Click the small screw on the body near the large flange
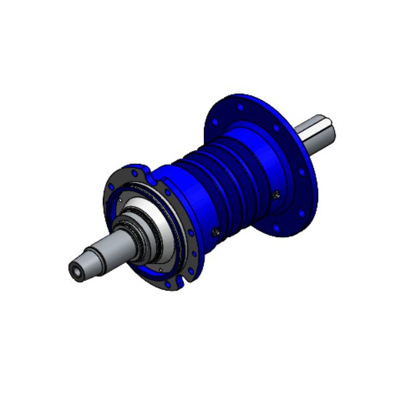coord(276,194)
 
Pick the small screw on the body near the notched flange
coord(215,232)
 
